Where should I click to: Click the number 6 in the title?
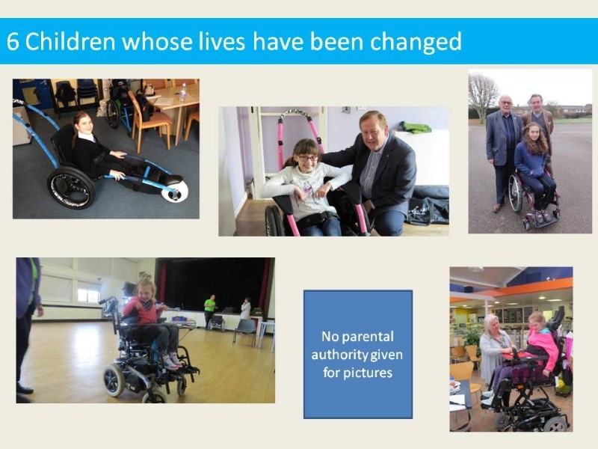[13, 42]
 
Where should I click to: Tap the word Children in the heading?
[70, 41]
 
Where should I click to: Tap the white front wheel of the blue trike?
[175, 192]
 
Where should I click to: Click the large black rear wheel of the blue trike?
[71, 188]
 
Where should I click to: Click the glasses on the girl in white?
[308, 157]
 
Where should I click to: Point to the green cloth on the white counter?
[416, 127]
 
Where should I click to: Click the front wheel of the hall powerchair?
[114, 380]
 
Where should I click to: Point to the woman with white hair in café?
[494, 351]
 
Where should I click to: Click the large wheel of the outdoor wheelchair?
[516, 193]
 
